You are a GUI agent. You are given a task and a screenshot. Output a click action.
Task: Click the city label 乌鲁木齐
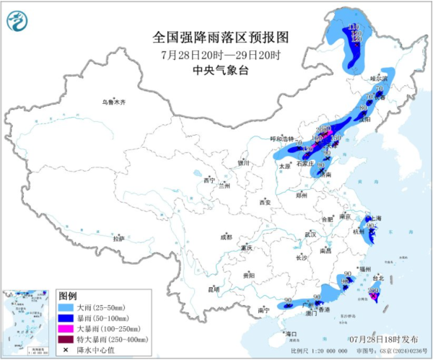pyautogui.click(x=113, y=102)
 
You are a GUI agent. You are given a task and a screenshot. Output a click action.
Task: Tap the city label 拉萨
pyautogui.click(x=118, y=238)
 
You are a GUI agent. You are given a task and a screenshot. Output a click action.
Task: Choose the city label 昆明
pyautogui.click(x=213, y=289)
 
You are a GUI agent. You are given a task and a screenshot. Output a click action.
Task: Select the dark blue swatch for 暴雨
pyautogui.click(x=67, y=318)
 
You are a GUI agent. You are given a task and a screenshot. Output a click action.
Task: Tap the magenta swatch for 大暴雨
pyautogui.click(x=67, y=329)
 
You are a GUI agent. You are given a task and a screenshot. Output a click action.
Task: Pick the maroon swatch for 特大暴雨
pyautogui.click(x=67, y=340)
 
